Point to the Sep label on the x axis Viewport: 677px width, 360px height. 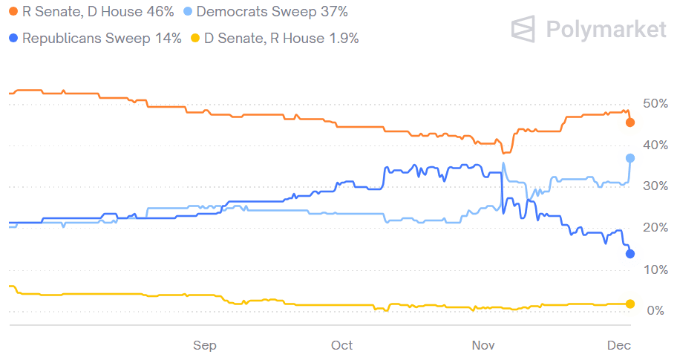click(x=205, y=345)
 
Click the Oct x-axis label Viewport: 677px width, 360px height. click(x=342, y=345)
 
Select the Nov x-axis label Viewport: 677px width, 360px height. click(x=483, y=345)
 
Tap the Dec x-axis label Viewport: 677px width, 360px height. click(x=619, y=345)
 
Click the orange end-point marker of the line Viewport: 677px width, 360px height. click(x=630, y=122)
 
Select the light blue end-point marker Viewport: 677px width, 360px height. click(x=630, y=158)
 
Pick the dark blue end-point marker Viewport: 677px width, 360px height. click(x=630, y=254)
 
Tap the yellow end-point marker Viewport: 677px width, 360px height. click(x=630, y=304)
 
